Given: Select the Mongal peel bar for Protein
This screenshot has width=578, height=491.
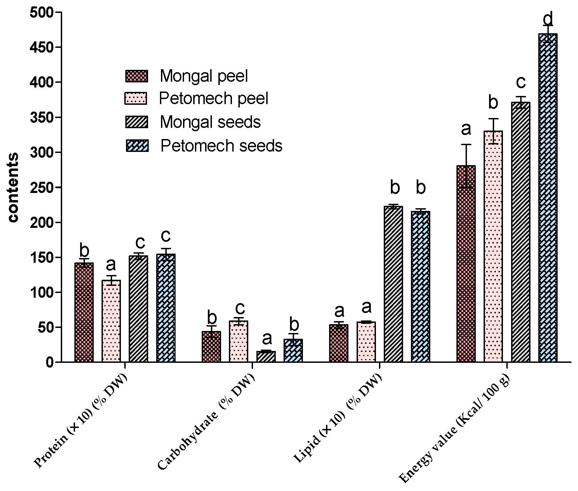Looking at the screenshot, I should (84, 312).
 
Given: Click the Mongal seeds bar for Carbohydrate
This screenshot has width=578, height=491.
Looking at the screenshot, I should (266, 357).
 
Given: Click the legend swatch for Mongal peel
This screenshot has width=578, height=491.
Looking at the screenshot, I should (137, 76).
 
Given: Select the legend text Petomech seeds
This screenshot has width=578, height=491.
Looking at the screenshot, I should (221, 146).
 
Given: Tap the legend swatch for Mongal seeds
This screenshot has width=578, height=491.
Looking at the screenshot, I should (137, 122).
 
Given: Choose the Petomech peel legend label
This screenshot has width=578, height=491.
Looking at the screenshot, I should (214, 99).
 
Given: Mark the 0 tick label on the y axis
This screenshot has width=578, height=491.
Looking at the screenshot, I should (50, 362).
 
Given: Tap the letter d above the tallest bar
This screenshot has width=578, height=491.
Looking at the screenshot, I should (548, 18).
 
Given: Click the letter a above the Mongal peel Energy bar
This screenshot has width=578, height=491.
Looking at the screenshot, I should (466, 129).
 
